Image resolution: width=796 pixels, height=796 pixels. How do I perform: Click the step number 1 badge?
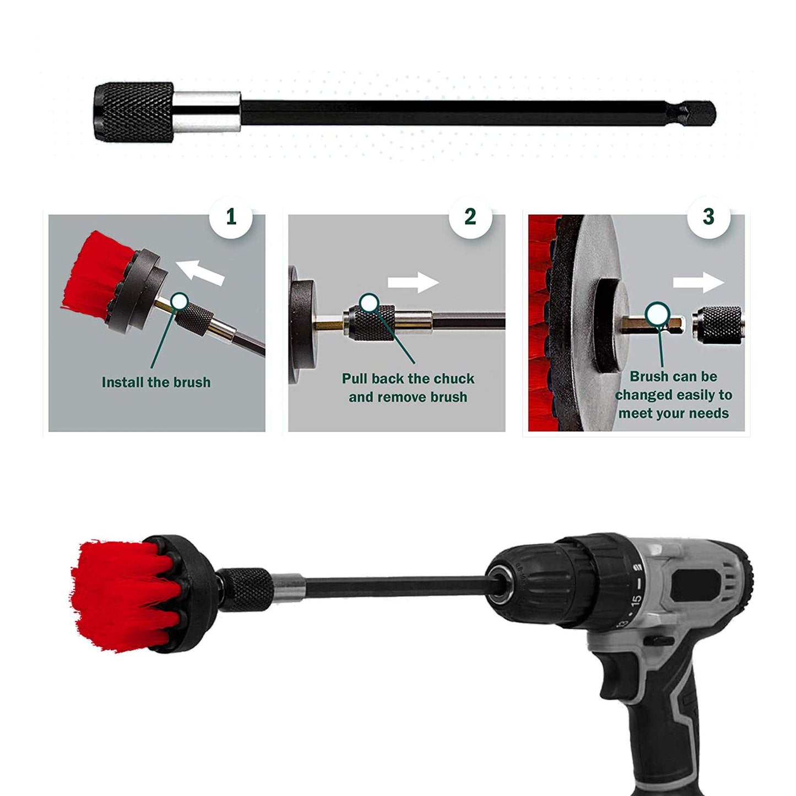[x=231, y=217]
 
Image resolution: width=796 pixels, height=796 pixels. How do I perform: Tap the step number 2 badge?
[x=470, y=217]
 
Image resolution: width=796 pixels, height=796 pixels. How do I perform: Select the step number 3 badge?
[x=708, y=217]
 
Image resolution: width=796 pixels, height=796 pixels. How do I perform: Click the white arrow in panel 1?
[x=200, y=272]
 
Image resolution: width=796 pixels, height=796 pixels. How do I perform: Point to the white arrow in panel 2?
[x=413, y=283]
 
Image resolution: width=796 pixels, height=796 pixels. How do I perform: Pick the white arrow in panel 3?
[x=698, y=283]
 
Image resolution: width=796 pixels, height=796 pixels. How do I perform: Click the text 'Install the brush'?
[x=156, y=382]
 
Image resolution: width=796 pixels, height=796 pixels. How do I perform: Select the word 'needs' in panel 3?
[x=711, y=413]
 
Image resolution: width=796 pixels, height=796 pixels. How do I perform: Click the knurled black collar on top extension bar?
[x=133, y=112]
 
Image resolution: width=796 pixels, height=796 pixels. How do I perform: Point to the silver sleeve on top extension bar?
[x=207, y=112]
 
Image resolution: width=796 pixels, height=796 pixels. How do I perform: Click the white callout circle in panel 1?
[x=180, y=301]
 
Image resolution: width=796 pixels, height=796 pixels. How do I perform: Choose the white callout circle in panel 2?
[x=369, y=302]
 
